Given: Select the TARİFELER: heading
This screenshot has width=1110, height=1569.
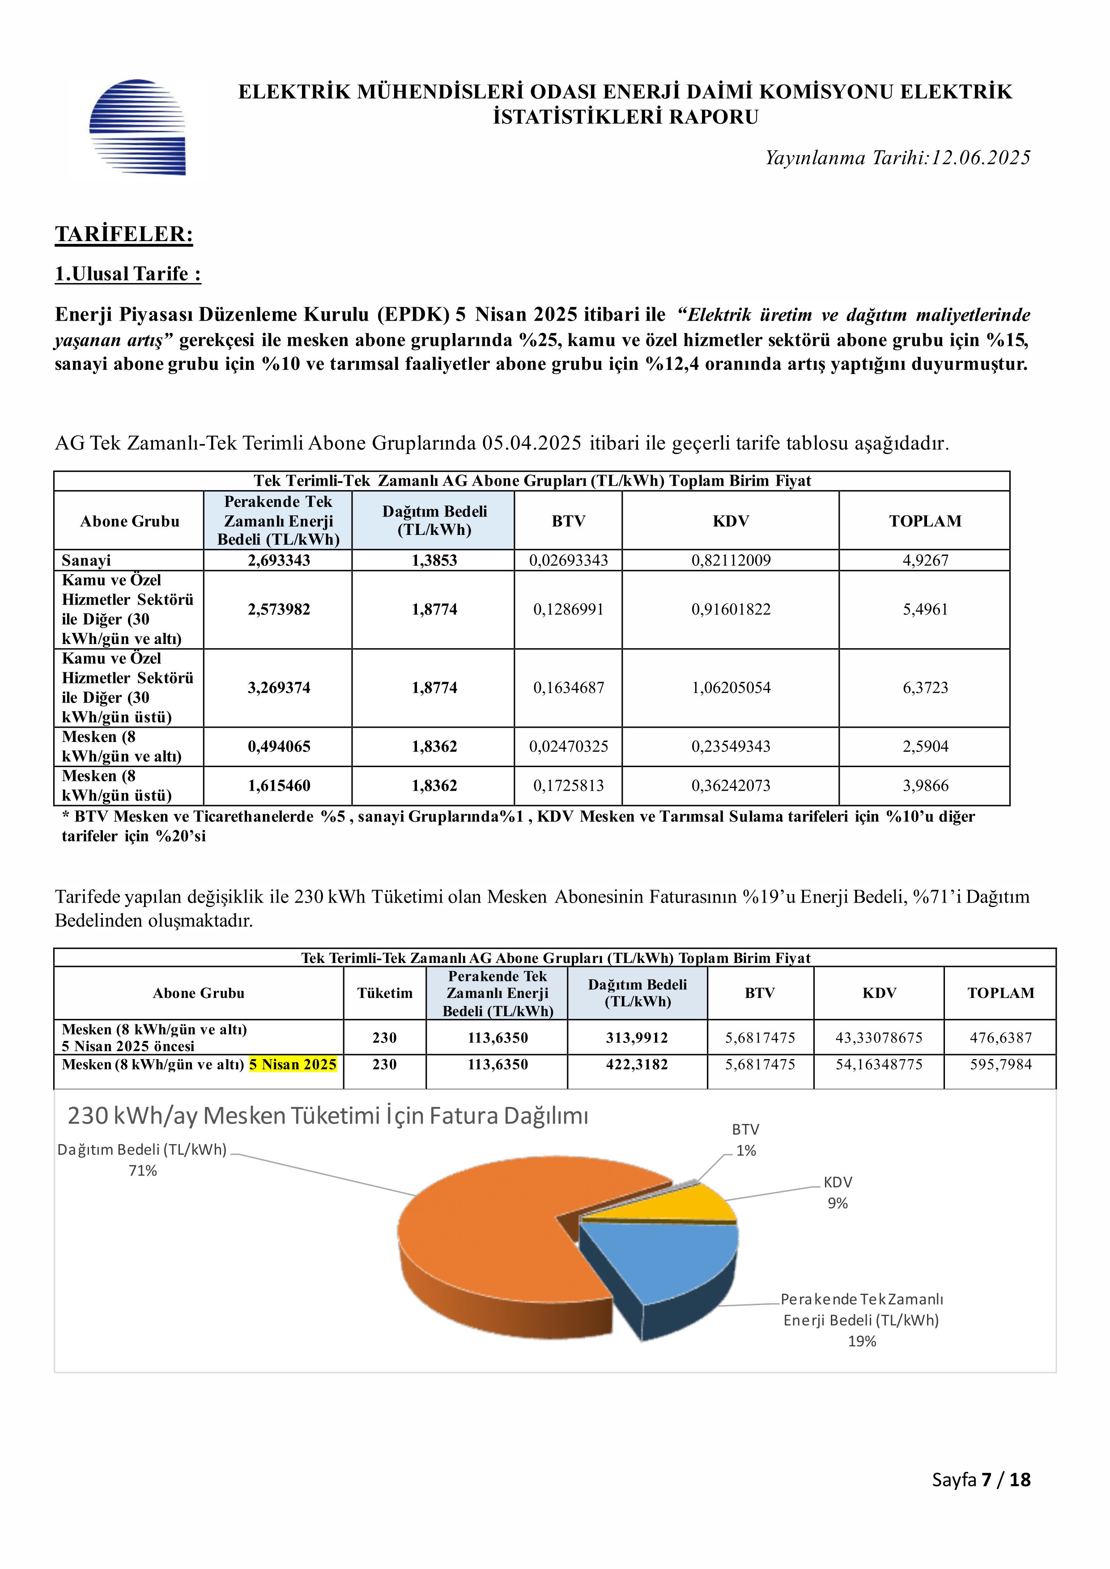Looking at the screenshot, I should point(124,234).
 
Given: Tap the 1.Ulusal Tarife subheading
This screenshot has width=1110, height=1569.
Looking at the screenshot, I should point(128,274).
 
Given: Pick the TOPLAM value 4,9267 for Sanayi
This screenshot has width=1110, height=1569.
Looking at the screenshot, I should point(925,560).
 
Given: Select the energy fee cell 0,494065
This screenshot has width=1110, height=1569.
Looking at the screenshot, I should point(279,746).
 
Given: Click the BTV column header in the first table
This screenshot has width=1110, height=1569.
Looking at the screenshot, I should point(568,521).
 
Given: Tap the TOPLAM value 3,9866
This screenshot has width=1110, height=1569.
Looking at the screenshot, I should point(925,785).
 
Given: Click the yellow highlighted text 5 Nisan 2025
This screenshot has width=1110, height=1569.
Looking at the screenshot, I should point(293,1064).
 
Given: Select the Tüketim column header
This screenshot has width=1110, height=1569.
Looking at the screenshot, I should point(385,993).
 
